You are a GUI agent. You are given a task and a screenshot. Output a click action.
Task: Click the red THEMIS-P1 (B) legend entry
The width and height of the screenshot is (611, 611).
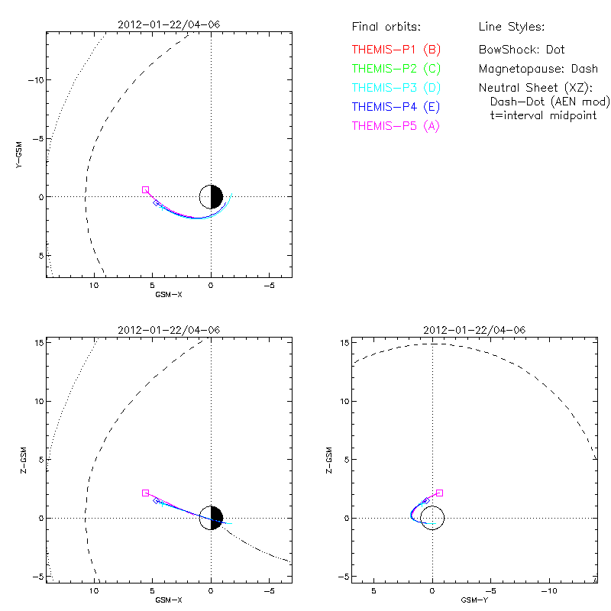396,50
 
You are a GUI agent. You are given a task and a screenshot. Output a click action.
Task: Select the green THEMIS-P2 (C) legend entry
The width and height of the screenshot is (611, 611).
396,69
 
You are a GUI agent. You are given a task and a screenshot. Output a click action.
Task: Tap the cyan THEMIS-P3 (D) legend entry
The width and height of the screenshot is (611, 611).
396,88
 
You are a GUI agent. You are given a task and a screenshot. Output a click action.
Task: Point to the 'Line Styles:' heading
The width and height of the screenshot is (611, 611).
511,27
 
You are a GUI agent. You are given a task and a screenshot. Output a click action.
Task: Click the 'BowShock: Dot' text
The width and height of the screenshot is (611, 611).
522,50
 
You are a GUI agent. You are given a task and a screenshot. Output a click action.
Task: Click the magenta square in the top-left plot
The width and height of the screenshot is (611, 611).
145,189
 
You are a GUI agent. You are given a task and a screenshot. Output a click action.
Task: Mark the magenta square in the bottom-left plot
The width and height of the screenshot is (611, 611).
145,493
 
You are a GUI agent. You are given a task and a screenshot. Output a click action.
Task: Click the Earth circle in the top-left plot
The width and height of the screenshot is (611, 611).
211,196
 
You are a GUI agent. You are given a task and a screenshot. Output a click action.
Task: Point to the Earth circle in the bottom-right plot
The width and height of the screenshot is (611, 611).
432,517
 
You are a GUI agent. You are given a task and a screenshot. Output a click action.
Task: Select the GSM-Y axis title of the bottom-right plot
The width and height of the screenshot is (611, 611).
470,600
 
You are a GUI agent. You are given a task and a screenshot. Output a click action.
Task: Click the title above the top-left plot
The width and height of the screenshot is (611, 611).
169,25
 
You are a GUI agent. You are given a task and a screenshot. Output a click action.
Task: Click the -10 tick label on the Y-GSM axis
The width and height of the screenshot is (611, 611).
35,80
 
